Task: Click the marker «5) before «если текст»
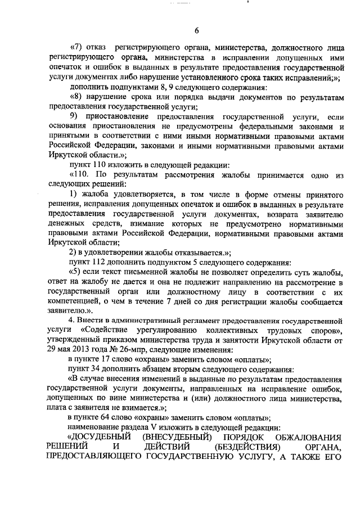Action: pos(76,273)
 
